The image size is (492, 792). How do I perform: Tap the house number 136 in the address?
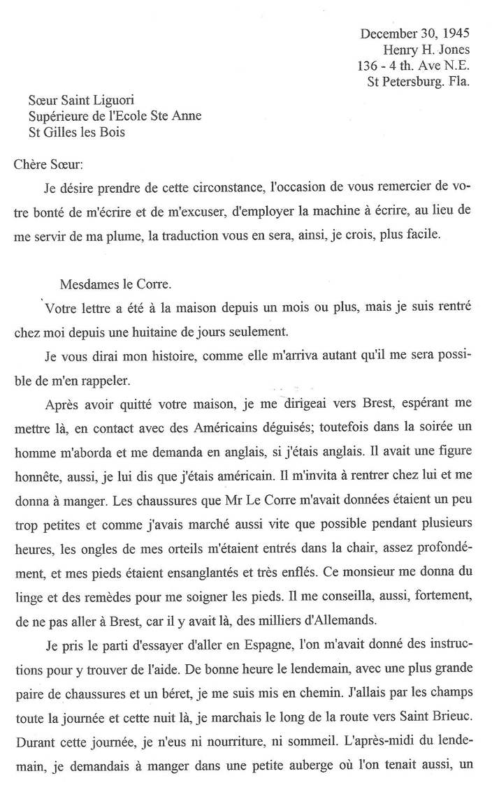[368, 66]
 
